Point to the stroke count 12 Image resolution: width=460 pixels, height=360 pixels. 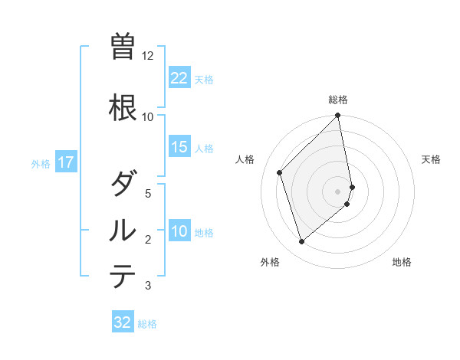(x=148, y=56)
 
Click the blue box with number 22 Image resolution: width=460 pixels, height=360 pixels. (x=179, y=78)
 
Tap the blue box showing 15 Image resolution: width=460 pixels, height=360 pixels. (x=179, y=147)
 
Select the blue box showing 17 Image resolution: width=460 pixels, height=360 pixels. (x=65, y=162)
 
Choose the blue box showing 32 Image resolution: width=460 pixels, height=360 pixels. (x=123, y=322)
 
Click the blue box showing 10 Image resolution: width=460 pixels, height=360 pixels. (x=179, y=232)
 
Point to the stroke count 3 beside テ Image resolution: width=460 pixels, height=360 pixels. (x=148, y=286)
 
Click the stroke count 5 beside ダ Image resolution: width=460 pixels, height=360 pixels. (x=148, y=194)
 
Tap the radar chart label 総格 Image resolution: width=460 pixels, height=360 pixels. (x=338, y=100)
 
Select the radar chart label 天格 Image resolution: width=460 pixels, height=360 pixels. (x=432, y=159)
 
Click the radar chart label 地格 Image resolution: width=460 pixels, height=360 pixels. (x=402, y=262)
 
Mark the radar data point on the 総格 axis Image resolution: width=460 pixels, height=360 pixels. (x=338, y=116)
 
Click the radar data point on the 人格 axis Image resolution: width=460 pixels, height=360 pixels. (x=280, y=172)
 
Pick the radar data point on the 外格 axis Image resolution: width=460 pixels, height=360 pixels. (x=301, y=242)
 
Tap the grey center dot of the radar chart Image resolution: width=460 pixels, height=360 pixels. (x=338, y=191)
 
